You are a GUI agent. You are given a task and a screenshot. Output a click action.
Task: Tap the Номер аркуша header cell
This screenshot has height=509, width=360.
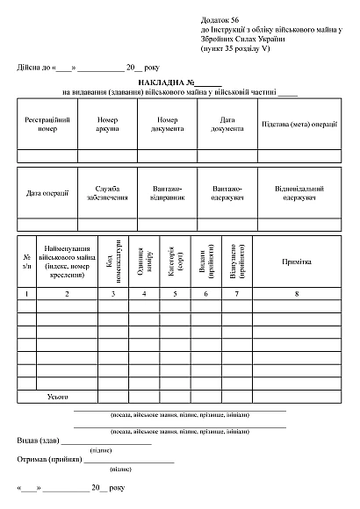pos(107,125)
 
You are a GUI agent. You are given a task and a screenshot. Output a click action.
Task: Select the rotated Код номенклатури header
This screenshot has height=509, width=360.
pos(112,261)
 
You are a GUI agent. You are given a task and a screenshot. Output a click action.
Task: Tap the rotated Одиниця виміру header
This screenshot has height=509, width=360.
pos(143,261)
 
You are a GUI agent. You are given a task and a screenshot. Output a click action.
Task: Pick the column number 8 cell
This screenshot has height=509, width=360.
pos(296,292)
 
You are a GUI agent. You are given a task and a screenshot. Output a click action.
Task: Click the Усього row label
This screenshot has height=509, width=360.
pos(57,397)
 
